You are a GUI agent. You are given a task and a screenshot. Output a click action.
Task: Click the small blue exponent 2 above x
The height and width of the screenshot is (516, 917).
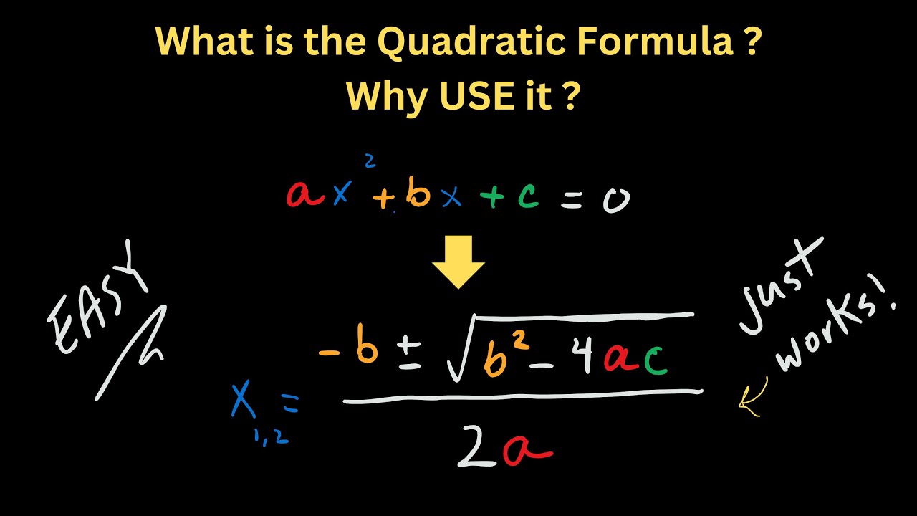pos(370,161)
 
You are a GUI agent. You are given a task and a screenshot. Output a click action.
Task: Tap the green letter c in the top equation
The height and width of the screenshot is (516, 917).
pos(528,196)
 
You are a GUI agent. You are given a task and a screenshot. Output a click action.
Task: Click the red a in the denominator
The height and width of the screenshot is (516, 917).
pos(527,451)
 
